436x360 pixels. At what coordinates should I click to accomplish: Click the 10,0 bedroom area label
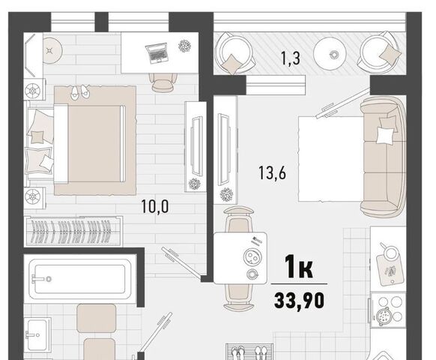155,206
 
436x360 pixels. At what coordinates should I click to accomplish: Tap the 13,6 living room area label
272,172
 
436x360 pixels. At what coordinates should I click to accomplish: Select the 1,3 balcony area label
291,58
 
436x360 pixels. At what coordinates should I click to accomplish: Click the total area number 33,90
299,301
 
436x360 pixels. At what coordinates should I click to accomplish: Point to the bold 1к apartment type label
299,267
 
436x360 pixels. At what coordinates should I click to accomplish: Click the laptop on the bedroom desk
157,53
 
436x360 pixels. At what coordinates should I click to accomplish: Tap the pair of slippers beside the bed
79,92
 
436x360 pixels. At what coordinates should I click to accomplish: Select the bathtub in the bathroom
80,279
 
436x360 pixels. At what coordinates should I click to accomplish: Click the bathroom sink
37,333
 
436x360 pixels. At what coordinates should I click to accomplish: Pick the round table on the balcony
330,53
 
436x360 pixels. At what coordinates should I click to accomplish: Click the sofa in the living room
383,157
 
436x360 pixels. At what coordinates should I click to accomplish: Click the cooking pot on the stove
384,316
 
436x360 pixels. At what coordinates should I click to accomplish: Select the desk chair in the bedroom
164,82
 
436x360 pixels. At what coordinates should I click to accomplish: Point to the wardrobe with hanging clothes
73,231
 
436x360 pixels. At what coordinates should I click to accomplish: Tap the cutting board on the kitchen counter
390,270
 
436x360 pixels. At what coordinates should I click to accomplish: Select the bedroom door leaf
181,262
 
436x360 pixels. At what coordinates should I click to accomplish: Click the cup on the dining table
252,274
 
